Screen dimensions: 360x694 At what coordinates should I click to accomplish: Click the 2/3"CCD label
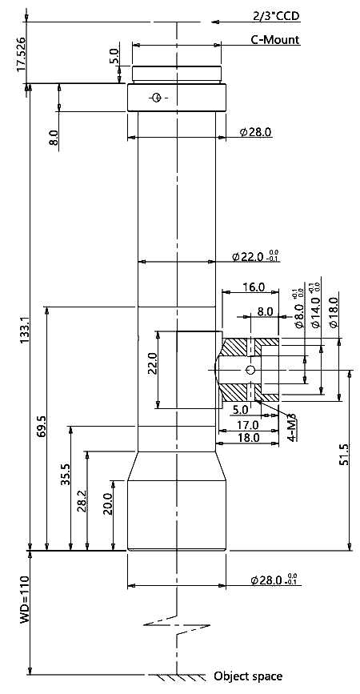(276, 16)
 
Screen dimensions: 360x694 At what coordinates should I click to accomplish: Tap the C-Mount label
(275, 39)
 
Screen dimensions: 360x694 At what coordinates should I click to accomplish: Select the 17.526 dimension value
(21, 54)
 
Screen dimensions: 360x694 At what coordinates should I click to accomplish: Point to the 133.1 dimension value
(23, 329)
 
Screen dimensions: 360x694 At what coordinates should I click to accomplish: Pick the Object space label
(248, 676)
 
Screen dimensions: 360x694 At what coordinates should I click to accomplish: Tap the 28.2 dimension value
(82, 500)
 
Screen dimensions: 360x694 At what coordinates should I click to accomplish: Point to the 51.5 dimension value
(345, 454)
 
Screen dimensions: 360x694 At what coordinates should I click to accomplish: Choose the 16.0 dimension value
(254, 287)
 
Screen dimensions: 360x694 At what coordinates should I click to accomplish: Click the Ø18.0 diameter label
(334, 312)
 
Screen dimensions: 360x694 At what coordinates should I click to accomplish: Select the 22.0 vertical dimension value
(153, 363)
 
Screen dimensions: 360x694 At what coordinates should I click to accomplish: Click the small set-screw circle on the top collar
(155, 98)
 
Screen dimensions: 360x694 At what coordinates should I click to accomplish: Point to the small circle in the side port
(250, 370)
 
